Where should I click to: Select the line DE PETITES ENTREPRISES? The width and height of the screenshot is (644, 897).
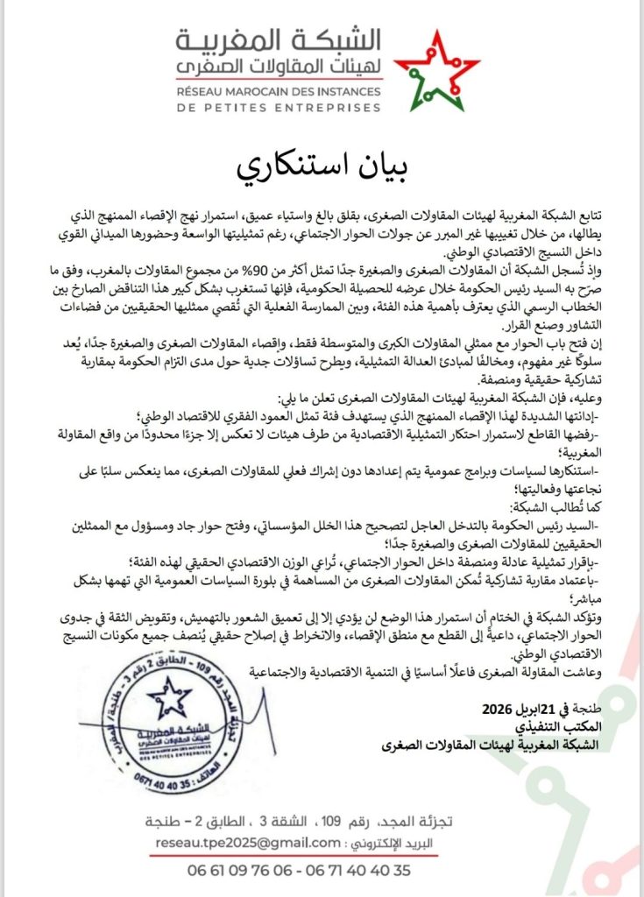coord(279,107)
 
